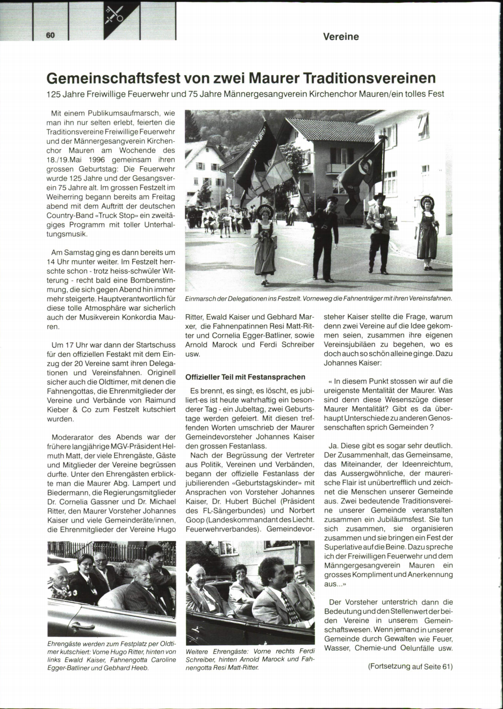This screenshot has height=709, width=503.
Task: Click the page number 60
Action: pyautogui.click(x=50, y=35)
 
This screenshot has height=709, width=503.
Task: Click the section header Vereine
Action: pyautogui.click(x=341, y=37)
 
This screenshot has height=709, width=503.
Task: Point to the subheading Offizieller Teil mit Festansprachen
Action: pyautogui.click(x=245, y=377)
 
